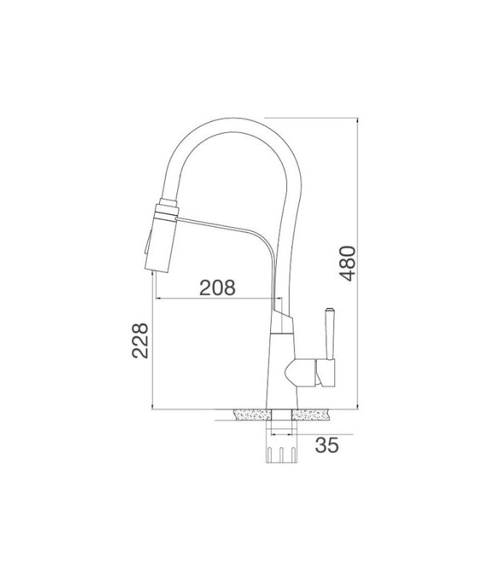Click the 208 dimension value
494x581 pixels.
219,288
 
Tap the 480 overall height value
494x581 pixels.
349,264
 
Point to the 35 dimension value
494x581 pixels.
327,446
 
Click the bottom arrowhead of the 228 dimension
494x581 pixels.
151,407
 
